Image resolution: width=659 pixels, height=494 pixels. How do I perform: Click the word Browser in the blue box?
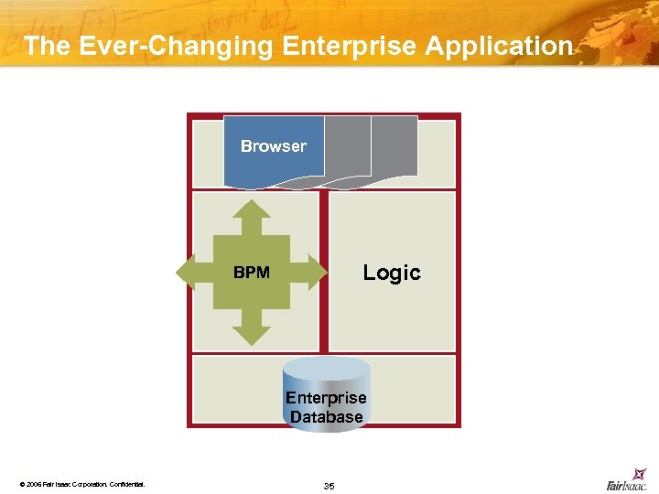[273, 146]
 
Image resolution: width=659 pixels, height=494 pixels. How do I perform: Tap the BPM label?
[252, 273]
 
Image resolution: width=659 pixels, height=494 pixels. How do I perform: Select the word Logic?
[392, 273]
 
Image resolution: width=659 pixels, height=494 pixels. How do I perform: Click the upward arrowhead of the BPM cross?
[252, 212]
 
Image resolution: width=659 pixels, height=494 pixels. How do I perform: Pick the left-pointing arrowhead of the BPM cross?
[189, 272]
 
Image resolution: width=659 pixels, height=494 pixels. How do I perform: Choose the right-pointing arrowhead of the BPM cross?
[314, 272]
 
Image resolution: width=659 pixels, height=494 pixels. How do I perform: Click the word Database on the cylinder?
[326, 417]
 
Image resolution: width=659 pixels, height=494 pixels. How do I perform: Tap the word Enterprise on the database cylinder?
[326, 398]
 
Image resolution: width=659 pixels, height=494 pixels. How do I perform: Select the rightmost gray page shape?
[395, 146]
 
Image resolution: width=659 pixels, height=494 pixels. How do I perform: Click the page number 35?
[329, 486]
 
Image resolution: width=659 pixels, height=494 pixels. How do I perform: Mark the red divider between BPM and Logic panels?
[324, 272]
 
